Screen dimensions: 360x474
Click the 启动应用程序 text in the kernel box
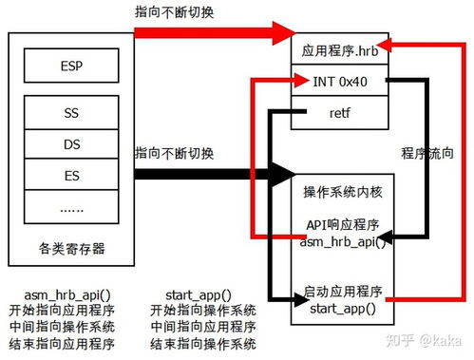pos(341,291)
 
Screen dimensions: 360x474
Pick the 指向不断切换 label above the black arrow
pos(174,153)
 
